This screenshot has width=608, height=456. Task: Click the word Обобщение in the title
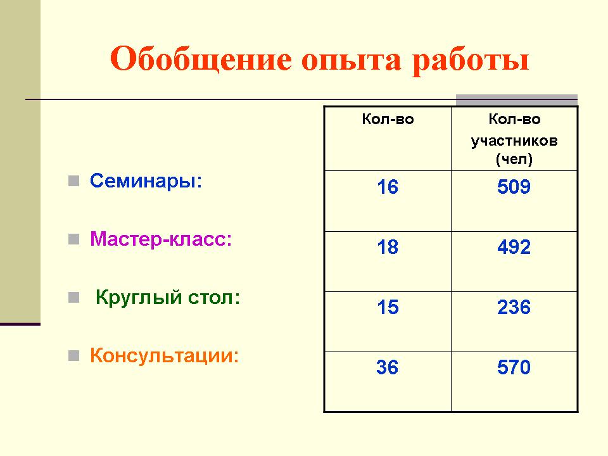coord(201,60)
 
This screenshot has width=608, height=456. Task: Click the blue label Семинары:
coord(146,180)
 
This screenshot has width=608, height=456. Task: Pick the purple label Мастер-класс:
coord(161,239)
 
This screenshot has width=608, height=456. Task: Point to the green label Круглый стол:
coord(168,298)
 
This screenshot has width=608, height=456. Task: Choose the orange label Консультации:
coord(165,355)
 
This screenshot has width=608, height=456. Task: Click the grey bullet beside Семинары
coord(73,181)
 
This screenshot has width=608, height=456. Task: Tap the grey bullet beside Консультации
coord(73,355)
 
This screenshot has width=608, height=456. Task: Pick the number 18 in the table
coord(388,247)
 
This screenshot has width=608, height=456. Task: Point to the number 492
coord(514,247)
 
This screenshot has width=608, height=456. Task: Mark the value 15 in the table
coord(388,307)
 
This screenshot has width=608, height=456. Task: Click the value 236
coord(514,307)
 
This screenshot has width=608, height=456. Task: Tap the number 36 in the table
coord(387,367)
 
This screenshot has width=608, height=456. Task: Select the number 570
coord(514,367)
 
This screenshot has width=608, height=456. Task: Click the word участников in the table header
coord(514,141)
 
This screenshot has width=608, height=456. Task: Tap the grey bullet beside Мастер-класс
coord(73,239)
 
